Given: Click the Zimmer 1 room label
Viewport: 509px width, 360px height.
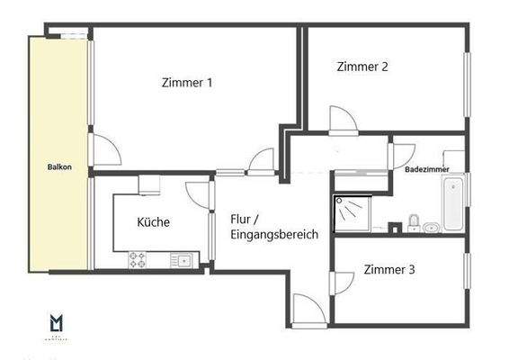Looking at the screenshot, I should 187,83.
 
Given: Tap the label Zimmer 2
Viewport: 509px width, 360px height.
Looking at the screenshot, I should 362,66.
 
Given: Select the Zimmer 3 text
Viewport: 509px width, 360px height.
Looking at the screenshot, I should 389,269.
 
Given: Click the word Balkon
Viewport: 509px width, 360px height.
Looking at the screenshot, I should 60,167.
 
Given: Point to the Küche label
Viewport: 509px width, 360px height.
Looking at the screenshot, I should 153,222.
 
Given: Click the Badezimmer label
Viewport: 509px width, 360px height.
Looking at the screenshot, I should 427,169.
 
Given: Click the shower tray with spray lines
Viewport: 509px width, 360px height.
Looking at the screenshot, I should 350,211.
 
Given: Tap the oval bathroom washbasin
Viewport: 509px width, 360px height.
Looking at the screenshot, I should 432,228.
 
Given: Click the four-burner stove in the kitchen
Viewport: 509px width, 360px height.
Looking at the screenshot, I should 138,260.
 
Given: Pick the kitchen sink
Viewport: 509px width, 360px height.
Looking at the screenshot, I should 183,260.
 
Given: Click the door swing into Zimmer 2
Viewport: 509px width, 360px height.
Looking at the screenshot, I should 343,121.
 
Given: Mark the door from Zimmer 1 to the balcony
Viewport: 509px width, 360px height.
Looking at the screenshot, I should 104,150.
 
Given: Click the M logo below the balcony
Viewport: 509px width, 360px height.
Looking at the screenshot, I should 56,322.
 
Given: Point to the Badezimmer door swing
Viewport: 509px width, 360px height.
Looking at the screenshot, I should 398,155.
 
